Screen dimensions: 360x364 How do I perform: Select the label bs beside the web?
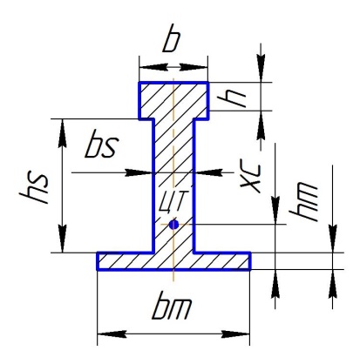click(102, 144)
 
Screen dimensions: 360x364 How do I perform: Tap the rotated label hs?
click(33, 189)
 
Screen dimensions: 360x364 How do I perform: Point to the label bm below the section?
click(172, 308)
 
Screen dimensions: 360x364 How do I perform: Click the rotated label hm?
click(304, 201)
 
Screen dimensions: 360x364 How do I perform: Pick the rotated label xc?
click(250, 179)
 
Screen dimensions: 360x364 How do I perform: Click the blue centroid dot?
click(173, 225)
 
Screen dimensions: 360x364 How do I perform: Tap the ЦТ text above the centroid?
click(172, 201)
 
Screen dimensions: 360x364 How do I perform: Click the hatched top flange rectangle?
click(173, 100)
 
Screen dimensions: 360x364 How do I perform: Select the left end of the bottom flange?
click(98, 261)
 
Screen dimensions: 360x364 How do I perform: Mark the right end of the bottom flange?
click(250, 261)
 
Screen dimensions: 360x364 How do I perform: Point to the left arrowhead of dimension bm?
click(112, 334)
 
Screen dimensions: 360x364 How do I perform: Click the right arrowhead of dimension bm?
click(235, 334)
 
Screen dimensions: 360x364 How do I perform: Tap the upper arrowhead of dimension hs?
click(62, 133)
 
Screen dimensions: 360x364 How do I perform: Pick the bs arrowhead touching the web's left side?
click(139, 173)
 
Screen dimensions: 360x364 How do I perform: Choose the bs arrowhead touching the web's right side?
click(208, 173)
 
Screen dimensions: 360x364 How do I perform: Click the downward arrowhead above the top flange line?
click(261, 68)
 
